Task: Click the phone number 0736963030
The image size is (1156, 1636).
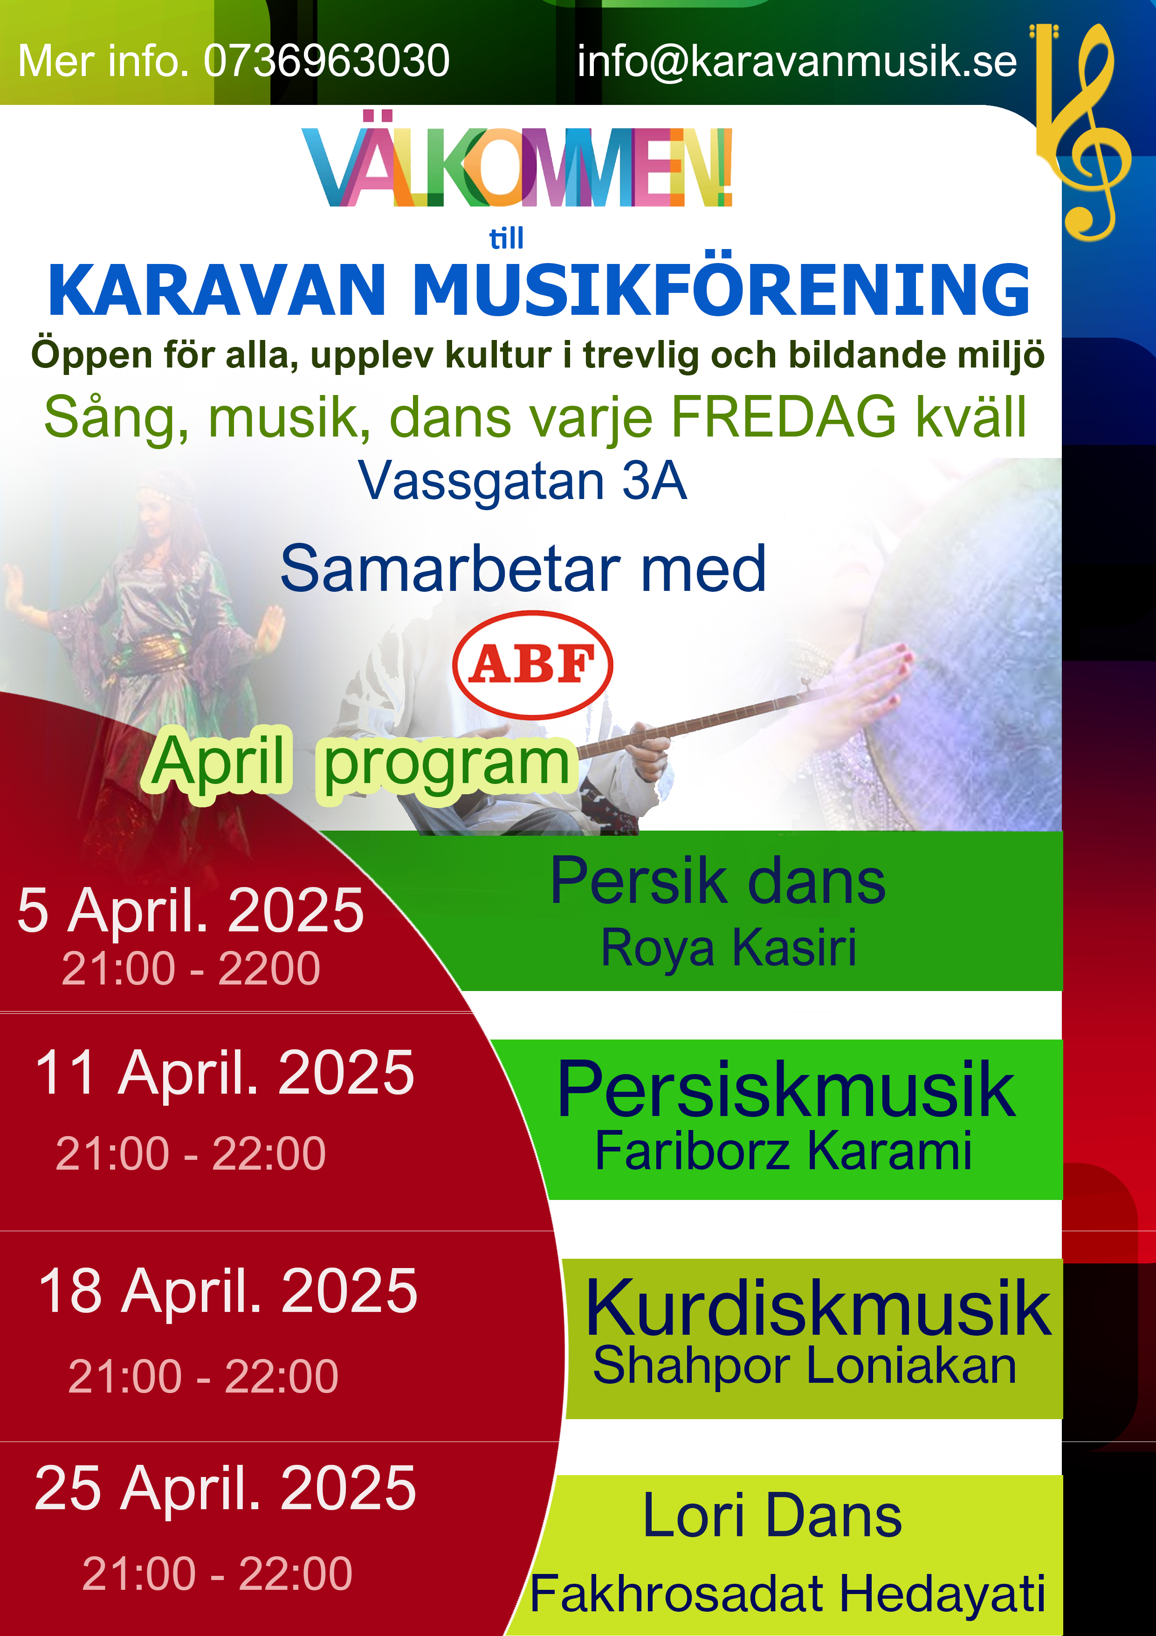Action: coord(327,61)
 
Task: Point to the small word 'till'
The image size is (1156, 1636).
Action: coord(506,238)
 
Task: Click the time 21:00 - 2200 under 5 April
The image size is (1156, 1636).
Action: coord(191,968)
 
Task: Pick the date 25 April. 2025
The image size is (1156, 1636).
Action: coord(225,1489)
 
